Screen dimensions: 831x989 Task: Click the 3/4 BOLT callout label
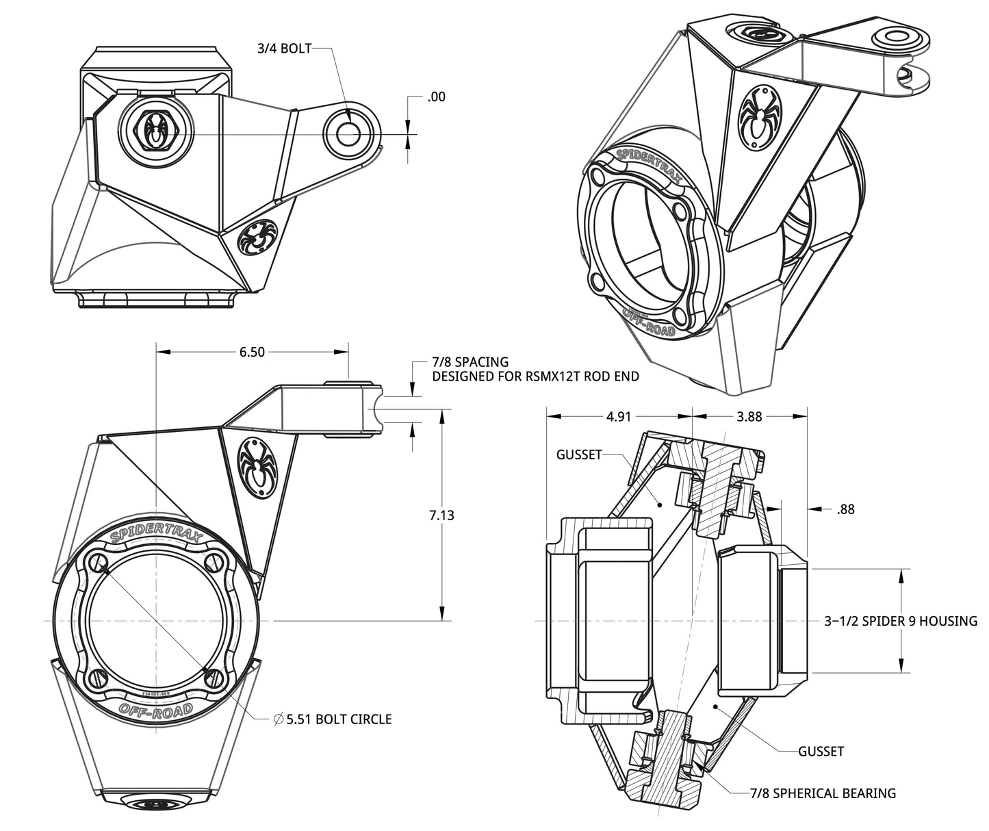pyautogui.click(x=284, y=49)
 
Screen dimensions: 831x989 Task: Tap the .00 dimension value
pyautogui.click(x=436, y=97)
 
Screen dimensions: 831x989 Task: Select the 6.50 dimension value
pyautogui.click(x=252, y=352)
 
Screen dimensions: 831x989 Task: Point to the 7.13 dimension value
pyautogui.click(x=441, y=515)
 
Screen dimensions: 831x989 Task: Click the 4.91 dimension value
pyautogui.click(x=619, y=416)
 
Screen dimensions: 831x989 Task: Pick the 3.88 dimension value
pyautogui.click(x=749, y=416)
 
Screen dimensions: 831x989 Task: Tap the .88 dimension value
pyautogui.click(x=845, y=509)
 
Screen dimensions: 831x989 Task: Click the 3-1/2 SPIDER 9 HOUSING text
pyautogui.click(x=900, y=621)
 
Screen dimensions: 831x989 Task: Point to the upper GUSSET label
pyautogui.click(x=579, y=454)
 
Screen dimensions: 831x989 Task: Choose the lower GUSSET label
pyautogui.click(x=821, y=752)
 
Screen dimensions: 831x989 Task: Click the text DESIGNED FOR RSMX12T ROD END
pyautogui.click(x=535, y=376)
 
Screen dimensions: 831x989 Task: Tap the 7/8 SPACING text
pyautogui.click(x=470, y=361)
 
